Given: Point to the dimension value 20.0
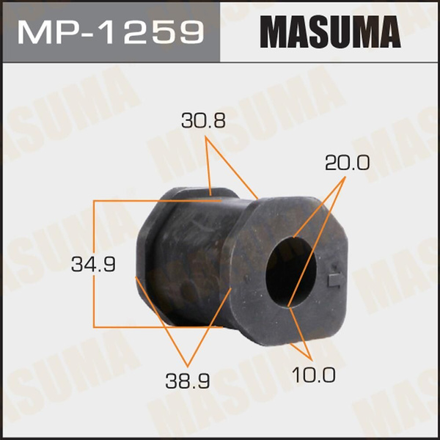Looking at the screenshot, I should pos(348,164).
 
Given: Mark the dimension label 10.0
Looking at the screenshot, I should pos(315,375).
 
